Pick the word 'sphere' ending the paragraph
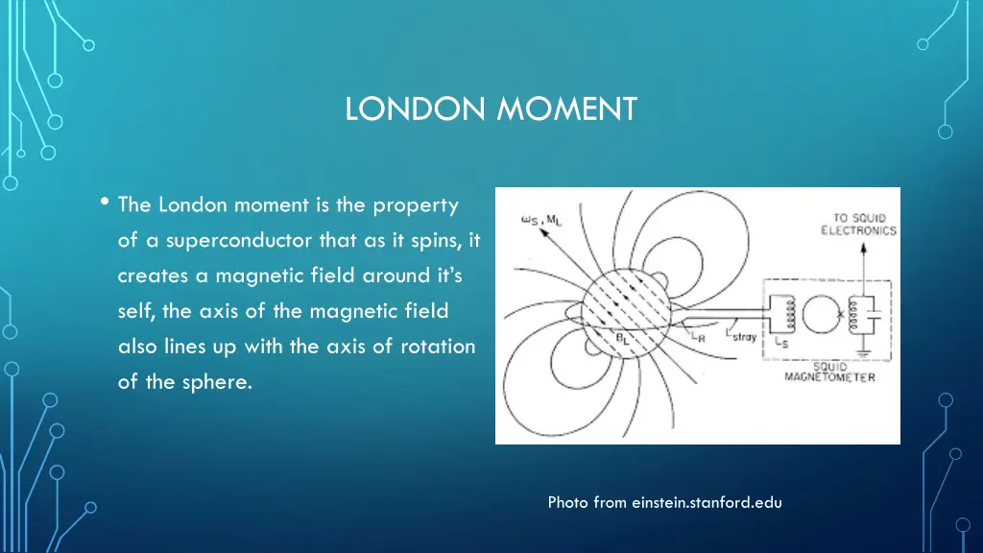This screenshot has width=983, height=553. [222, 382]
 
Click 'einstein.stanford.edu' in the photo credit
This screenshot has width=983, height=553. [707, 502]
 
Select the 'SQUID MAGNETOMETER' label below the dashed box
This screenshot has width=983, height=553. [829, 372]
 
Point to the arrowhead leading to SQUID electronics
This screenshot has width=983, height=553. [862, 247]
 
